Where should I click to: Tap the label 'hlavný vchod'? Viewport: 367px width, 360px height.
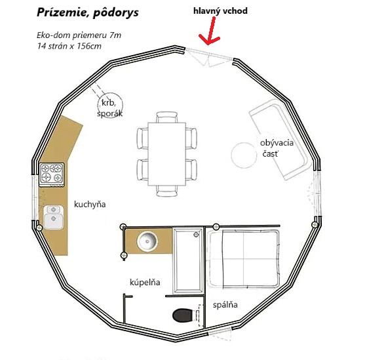coord(220,11)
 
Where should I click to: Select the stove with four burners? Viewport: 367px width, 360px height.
coord(53,173)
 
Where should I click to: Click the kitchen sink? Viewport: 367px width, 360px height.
coord(52,216)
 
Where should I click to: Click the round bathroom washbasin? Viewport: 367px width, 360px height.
coord(147,242)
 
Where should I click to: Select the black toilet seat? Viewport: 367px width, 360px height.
coord(183,316)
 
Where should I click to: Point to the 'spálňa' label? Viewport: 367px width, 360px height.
coord(225,305)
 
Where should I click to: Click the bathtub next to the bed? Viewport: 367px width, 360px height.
coord(190,260)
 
